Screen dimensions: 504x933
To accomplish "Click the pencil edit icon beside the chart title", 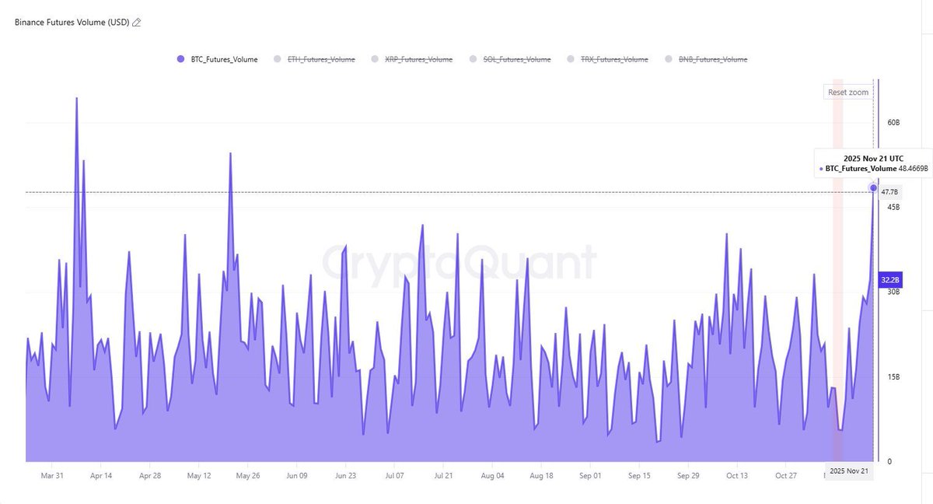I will click(x=137, y=23).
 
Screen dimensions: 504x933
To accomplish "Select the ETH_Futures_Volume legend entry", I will click(x=321, y=59).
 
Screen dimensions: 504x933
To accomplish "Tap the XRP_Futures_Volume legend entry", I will click(x=418, y=59).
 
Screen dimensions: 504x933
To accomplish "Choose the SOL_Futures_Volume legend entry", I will click(x=515, y=59).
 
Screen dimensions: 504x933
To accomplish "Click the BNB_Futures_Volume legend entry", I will click(x=711, y=59).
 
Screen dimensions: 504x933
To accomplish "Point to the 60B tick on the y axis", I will click(x=893, y=123).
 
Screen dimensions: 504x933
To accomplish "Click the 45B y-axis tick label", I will click(x=893, y=207).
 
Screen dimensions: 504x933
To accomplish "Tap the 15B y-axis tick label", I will click(x=893, y=377).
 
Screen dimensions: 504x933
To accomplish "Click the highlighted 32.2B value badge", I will click(x=890, y=280).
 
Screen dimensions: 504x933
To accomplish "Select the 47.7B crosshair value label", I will click(x=890, y=192).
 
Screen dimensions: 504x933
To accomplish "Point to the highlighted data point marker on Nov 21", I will click(x=874, y=188).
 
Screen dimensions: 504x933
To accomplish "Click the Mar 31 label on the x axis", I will click(x=52, y=475).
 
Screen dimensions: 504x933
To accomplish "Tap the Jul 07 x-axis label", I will click(x=394, y=475).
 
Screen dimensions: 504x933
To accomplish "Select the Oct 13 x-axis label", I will click(x=736, y=475).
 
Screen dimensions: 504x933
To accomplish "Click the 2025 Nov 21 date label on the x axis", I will click(x=849, y=471).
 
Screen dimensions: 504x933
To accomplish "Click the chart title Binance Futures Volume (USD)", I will click(x=72, y=23).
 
